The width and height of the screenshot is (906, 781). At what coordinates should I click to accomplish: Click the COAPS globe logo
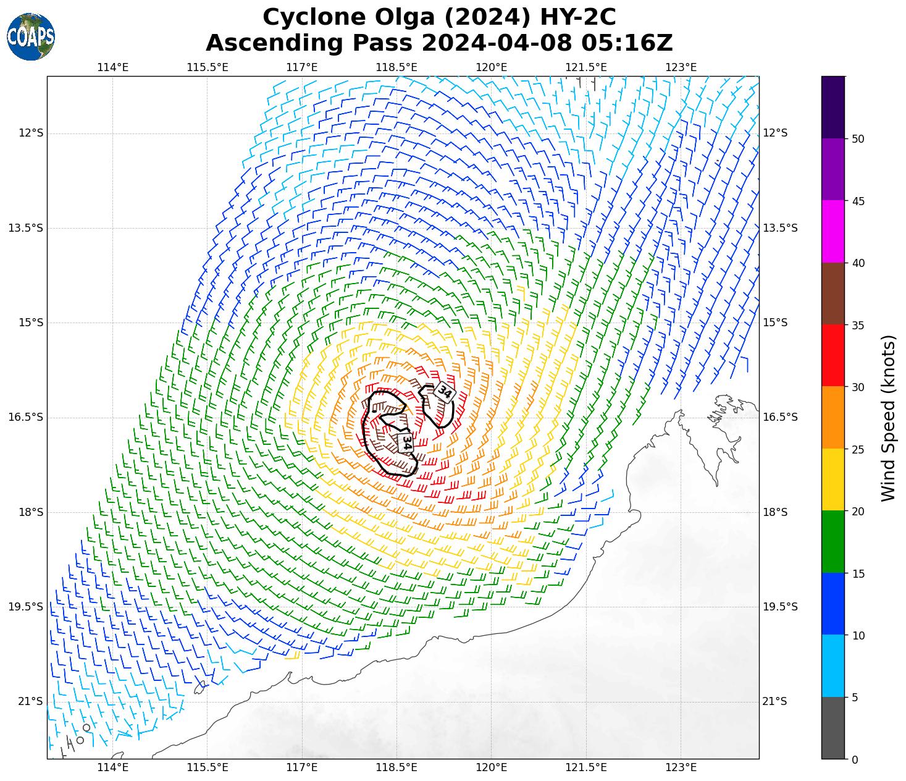pos(31,36)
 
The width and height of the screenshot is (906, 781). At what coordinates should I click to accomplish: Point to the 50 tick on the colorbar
pos(857,139)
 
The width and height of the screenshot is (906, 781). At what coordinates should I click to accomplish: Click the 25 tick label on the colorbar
pos(857,450)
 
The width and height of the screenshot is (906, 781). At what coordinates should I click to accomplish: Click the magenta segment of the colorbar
pos(833,232)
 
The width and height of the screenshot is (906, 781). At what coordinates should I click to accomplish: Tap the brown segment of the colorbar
pos(833,293)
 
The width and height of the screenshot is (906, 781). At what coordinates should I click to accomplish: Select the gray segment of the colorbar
pos(833,728)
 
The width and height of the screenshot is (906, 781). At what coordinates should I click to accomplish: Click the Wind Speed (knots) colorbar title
pos(887,418)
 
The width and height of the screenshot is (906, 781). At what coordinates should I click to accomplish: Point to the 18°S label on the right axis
pos(775,512)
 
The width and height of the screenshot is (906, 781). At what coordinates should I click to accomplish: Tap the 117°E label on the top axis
pos(302,67)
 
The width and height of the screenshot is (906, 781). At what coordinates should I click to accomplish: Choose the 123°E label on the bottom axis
pos(681,767)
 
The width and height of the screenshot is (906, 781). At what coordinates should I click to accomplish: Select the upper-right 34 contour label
pos(444,392)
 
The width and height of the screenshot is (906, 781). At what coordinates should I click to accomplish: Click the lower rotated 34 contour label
pos(406,442)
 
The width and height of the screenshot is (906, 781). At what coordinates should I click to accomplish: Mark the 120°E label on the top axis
pos(492,67)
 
